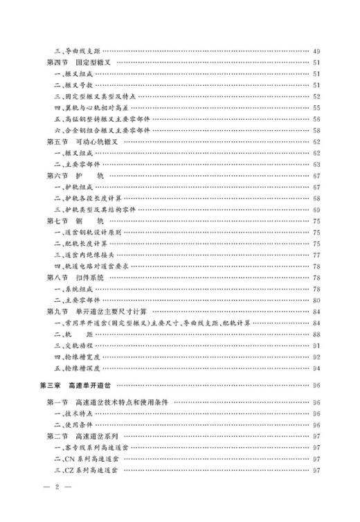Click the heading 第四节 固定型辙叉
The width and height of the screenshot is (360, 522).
[82, 63]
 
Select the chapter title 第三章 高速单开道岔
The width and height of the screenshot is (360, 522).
[80, 384]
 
